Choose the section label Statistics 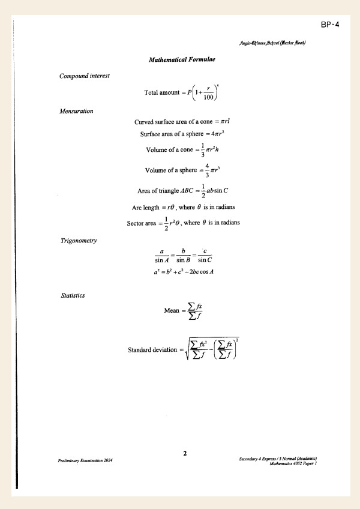(x=73, y=295)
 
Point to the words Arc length (x=146, y=208)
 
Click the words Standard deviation (x=152, y=349)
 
